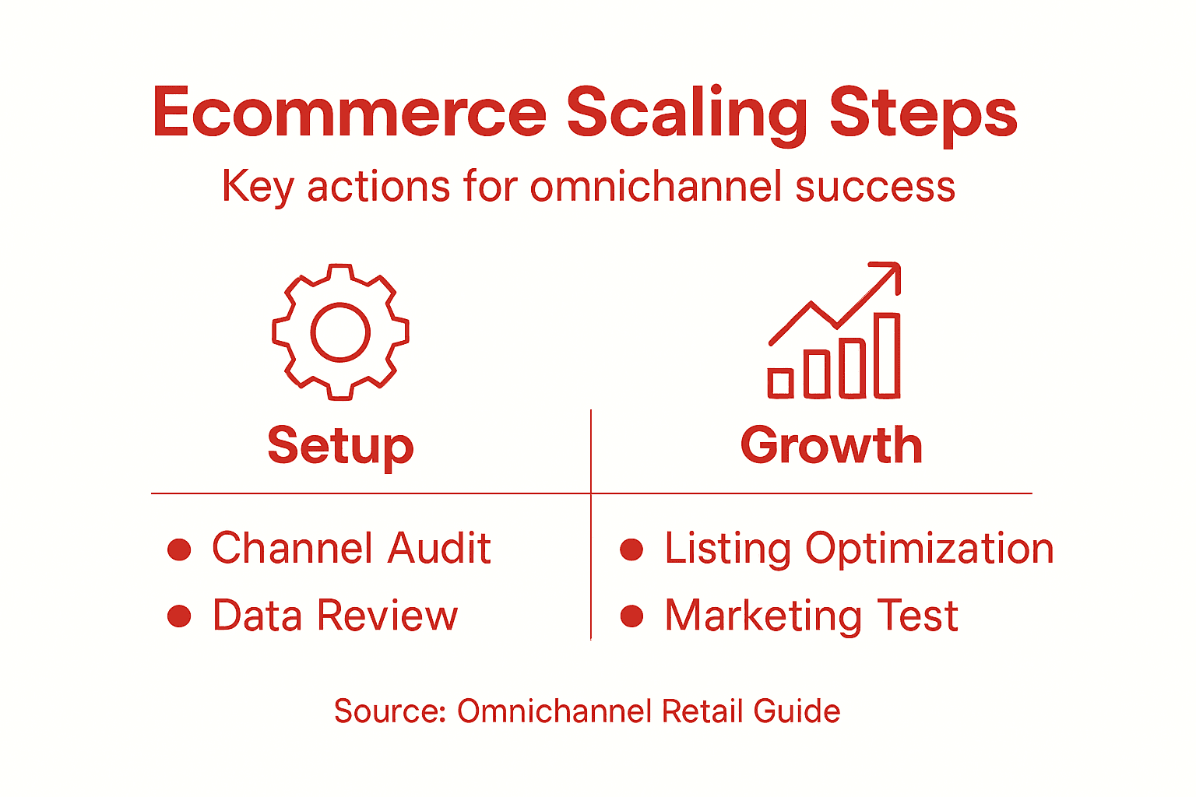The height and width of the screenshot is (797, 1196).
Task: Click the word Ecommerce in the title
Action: click(350, 113)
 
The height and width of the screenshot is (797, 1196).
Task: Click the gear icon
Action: click(340, 332)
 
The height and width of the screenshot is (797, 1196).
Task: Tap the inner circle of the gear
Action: click(340, 332)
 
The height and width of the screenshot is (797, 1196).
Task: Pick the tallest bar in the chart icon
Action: click(887, 356)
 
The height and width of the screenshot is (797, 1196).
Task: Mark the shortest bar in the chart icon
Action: click(780, 383)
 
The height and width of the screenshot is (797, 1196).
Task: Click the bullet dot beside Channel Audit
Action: click(179, 549)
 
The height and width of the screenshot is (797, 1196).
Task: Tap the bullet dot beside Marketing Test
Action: click(631, 616)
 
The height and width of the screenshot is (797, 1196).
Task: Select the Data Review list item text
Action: click(335, 616)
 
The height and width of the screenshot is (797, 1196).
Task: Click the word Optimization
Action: click(930, 549)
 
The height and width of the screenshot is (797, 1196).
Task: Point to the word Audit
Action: click(439, 549)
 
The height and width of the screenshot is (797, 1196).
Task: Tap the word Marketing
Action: click(763, 616)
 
